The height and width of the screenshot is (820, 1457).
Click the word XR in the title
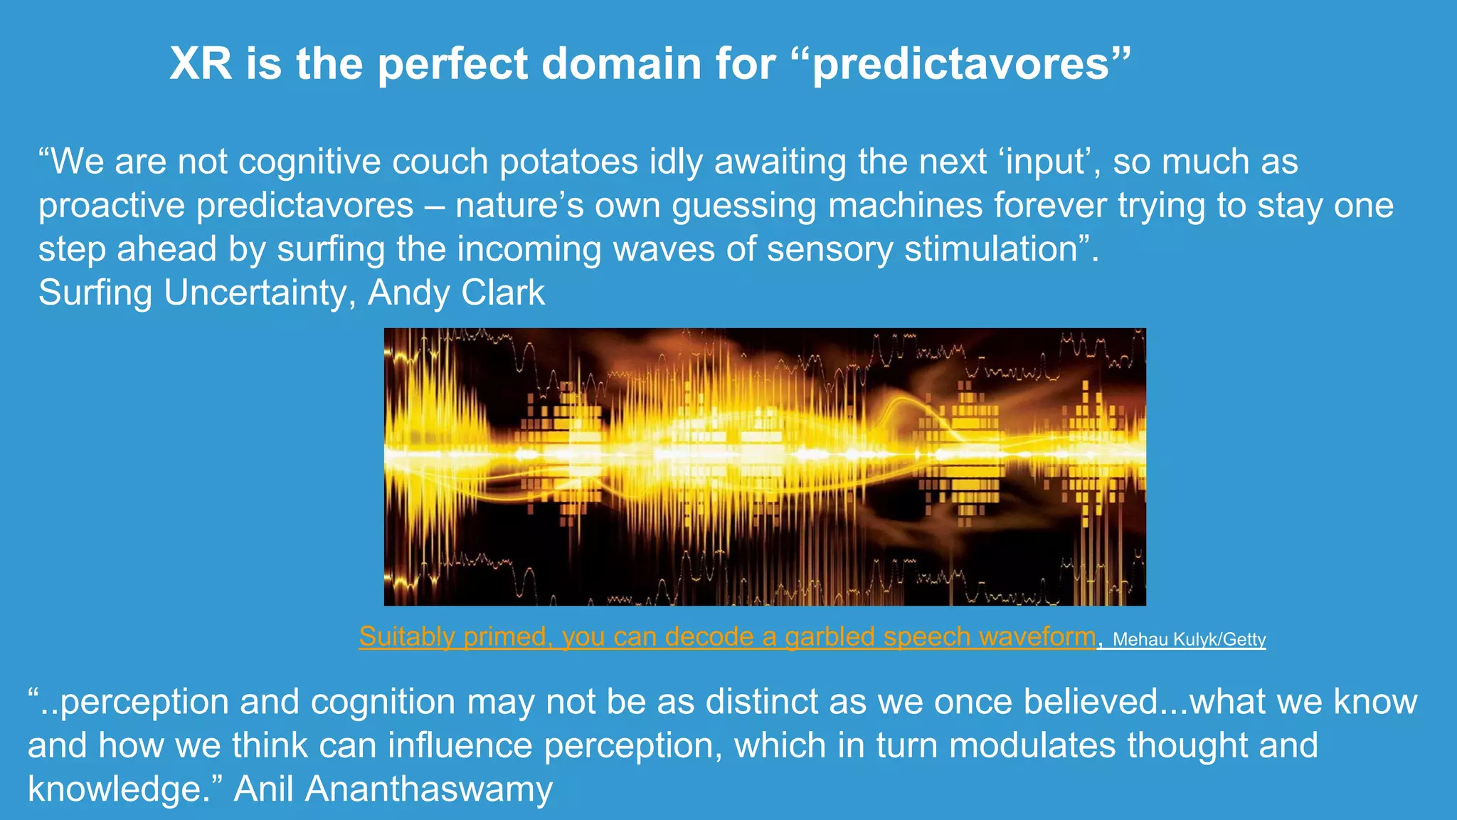[201, 63]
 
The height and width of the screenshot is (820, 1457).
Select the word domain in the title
[622, 63]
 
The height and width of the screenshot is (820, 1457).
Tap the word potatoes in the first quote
[568, 162]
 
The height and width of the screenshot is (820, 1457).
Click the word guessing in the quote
[744, 206]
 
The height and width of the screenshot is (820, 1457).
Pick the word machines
[905, 206]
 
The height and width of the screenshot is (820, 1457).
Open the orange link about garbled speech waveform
[727, 636]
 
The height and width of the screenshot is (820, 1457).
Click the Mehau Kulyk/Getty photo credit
[1189, 639]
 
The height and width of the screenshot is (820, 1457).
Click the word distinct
[762, 702]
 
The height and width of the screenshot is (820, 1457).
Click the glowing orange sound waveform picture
[765, 467]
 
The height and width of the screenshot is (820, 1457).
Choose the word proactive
[112, 206]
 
